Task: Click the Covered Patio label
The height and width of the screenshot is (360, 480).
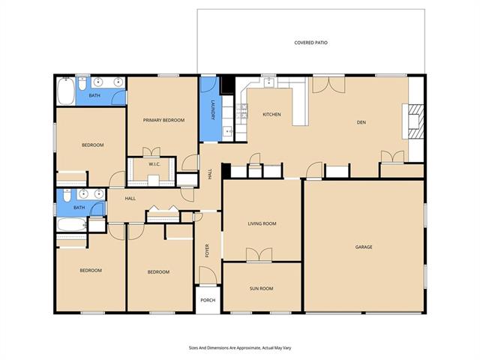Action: click(310, 43)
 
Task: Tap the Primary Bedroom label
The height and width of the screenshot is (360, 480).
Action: click(163, 120)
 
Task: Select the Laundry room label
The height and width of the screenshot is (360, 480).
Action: click(211, 110)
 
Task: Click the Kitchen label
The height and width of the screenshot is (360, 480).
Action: click(271, 114)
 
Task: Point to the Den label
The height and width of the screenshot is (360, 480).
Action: click(361, 122)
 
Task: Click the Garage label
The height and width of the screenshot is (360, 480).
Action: click(364, 247)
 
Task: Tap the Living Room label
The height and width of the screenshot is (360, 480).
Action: click(262, 223)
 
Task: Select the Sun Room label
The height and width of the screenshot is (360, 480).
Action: click(261, 288)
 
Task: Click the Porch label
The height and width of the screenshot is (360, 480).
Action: click(208, 300)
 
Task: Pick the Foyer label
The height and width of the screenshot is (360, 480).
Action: click(207, 250)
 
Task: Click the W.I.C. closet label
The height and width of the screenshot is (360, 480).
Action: click(154, 164)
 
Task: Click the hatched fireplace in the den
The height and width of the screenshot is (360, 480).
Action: click(416, 121)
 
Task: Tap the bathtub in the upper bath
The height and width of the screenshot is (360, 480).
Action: click(65, 91)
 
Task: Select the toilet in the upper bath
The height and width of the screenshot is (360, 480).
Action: click(82, 84)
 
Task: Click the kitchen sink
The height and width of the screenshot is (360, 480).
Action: click(268, 82)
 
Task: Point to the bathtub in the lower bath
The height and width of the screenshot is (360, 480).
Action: click(72, 224)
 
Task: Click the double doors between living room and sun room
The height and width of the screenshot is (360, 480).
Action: click(259, 255)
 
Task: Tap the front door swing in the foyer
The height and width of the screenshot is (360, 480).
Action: click(208, 274)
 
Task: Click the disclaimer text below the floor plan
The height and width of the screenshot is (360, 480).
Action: click(240, 348)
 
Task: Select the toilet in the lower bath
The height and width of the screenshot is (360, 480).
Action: click(67, 195)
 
